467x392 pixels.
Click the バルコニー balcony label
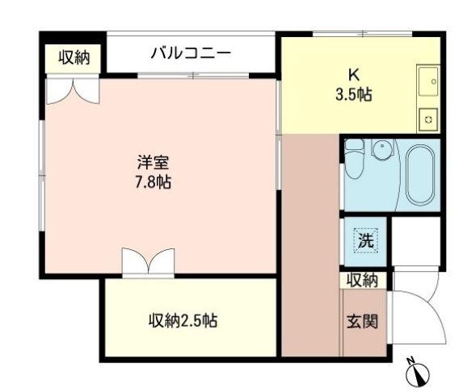(191, 53)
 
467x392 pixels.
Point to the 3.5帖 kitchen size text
(353, 95)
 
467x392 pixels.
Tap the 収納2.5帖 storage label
(182, 320)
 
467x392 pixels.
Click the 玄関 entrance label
(362, 321)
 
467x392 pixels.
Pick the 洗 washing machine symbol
(365, 240)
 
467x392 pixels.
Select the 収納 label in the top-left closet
(74, 57)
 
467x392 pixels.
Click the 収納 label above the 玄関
(362, 281)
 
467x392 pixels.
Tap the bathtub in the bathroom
(419, 174)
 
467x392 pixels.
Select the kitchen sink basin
(428, 81)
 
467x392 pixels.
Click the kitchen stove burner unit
(428, 120)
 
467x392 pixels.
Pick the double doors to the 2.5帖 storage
(148, 261)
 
